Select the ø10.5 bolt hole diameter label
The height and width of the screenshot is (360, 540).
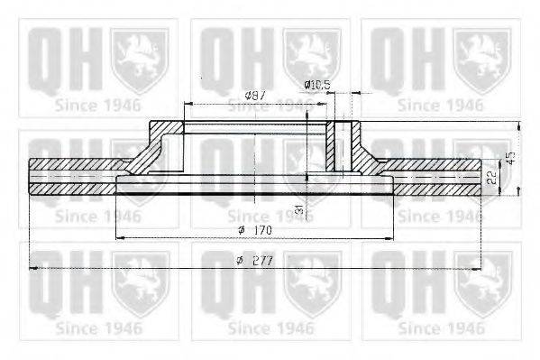point(317,87)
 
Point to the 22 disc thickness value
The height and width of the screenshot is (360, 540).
point(491,179)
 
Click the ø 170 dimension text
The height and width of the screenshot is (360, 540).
point(257,229)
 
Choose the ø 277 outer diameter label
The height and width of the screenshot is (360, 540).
point(257,260)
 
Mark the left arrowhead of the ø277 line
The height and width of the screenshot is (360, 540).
point(34,268)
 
